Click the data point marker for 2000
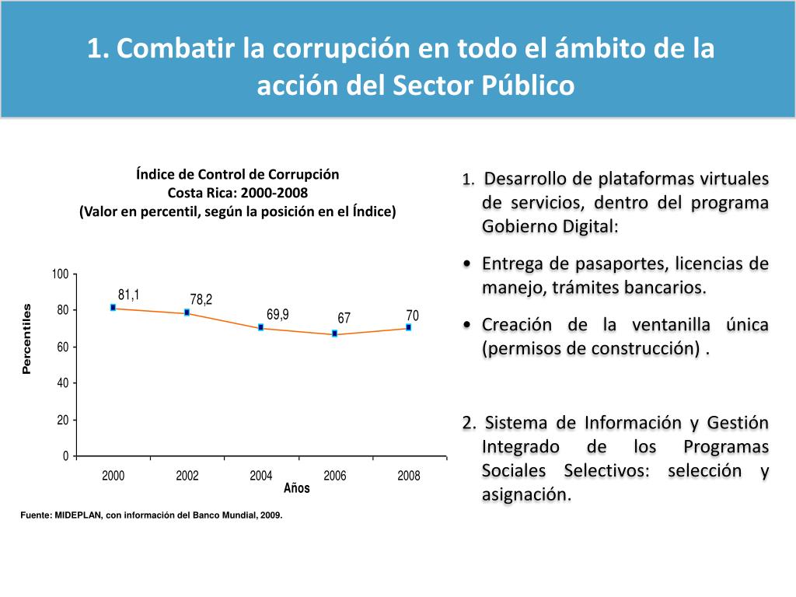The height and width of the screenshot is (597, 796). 113,308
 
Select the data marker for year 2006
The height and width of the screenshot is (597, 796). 334,333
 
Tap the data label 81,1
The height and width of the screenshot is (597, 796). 128,295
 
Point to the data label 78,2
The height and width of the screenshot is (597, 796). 201,299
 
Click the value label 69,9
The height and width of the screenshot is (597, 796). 278,315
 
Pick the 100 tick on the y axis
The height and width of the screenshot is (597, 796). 60,274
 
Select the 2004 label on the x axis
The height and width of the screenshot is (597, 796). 261,476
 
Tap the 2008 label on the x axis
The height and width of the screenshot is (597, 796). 409,476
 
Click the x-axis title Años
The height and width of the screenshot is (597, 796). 297,488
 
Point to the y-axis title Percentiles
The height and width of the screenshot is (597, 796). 27,339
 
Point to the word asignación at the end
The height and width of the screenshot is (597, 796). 525,494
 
